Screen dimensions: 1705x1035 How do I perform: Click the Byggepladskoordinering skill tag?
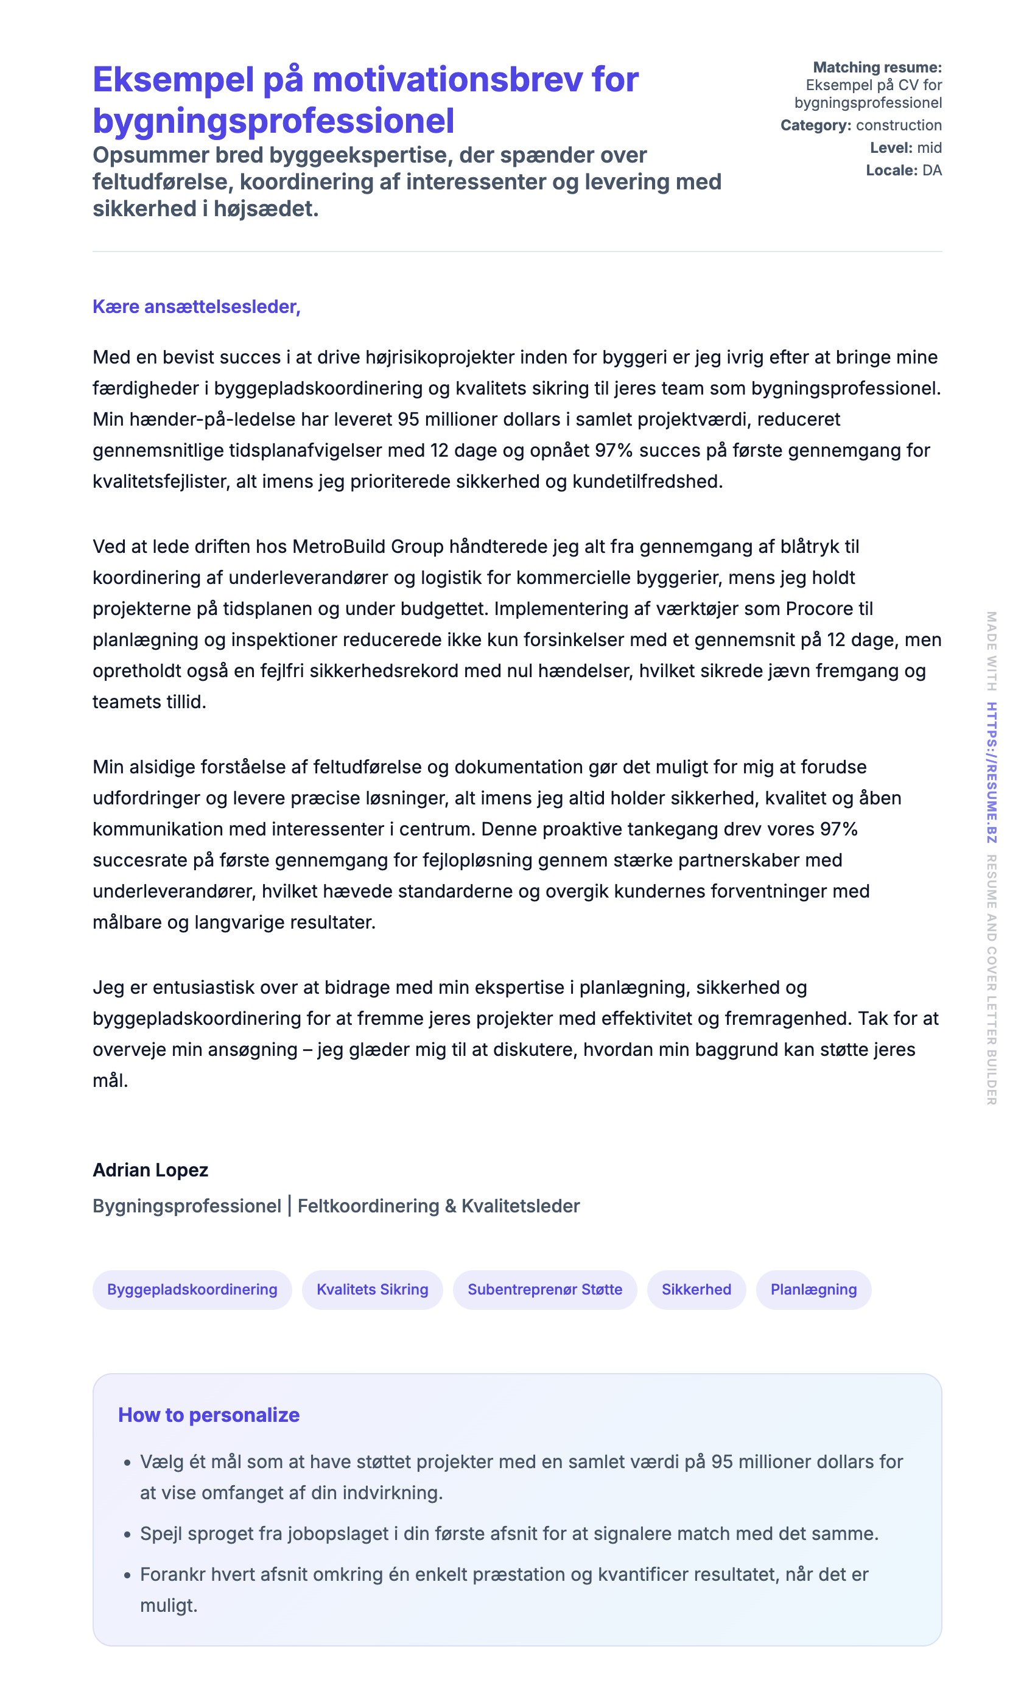click(x=192, y=1289)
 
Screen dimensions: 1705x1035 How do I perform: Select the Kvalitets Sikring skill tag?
click(x=372, y=1289)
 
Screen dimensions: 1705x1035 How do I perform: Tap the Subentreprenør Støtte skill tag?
click(x=544, y=1289)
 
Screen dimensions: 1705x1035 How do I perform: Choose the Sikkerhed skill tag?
click(x=696, y=1289)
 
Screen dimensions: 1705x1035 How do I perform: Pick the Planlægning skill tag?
click(x=813, y=1289)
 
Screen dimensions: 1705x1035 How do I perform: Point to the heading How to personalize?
click(x=208, y=1415)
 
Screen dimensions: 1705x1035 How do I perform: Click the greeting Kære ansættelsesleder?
click(x=196, y=306)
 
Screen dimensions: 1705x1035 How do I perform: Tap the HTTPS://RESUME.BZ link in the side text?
click(x=991, y=772)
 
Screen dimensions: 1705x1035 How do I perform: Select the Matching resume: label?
click(x=877, y=67)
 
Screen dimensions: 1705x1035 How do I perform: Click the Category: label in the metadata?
click(x=816, y=125)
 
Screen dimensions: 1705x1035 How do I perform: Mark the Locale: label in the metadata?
click(x=892, y=170)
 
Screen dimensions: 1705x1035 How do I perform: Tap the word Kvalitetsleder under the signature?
click(x=521, y=1206)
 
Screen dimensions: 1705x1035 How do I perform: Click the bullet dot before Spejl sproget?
click(x=127, y=1534)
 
